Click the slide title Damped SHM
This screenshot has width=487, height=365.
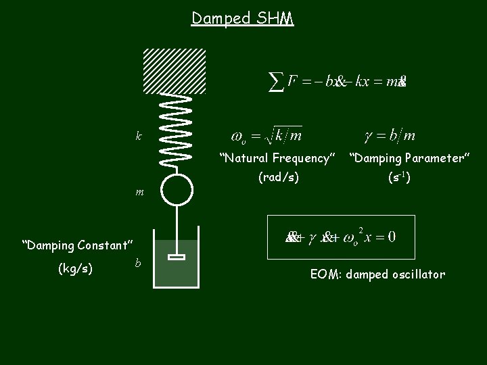click(x=242, y=18)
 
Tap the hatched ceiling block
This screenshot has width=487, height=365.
click(x=174, y=71)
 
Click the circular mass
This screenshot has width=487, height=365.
click(x=177, y=189)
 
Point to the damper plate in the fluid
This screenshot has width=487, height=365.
click(x=177, y=257)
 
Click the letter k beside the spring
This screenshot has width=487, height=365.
click(x=139, y=136)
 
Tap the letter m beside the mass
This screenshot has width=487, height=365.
click(x=139, y=192)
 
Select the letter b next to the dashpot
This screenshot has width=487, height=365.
click(x=138, y=262)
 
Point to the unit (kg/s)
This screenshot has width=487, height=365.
click(x=76, y=268)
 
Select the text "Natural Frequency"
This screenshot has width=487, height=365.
click(x=277, y=159)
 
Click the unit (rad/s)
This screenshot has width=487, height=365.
click(x=278, y=178)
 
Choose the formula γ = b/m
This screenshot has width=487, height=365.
click(x=390, y=136)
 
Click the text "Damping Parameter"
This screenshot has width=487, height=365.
click(x=409, y=159)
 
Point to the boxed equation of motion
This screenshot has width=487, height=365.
click(x=341, y=237)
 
